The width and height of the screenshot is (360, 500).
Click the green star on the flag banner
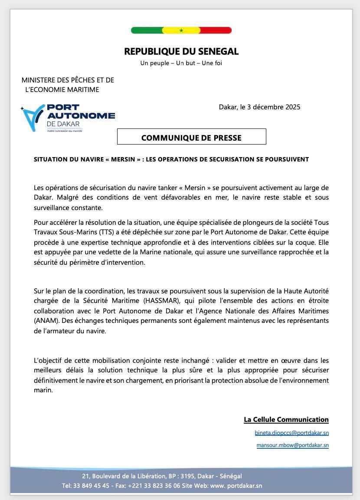click(x=181, y=30)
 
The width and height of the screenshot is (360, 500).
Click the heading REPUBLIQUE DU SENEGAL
click(x=181, y=52)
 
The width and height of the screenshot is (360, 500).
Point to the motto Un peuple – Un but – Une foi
click(x=181, y=63)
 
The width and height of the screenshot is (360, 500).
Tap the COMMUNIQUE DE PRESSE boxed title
click(x=191, y=138)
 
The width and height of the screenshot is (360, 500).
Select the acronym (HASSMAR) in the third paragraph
click(x=158, y=301)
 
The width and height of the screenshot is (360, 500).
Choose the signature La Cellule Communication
click(x=286, y=420)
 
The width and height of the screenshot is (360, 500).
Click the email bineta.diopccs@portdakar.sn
click(x=291, y=433)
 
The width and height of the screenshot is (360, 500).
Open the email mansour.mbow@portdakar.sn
click(x=292, y=445)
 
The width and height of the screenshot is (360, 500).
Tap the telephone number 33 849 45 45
click(x=92, y=486)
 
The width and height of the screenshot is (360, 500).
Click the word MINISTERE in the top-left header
click(x=39, y=80)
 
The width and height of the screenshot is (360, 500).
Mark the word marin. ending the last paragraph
click(x=43, y=390)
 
